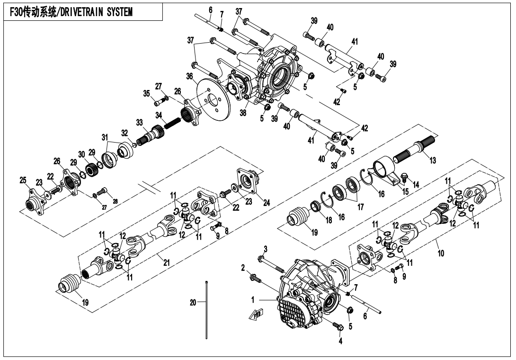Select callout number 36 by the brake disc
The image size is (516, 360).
pos(189,77)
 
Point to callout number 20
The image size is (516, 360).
pos(193,302)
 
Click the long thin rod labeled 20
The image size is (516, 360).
pos(206,309)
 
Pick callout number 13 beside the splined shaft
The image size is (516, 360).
pos(432,160)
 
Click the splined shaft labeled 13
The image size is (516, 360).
pos(415,148)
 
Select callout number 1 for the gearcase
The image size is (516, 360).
pos(253,300)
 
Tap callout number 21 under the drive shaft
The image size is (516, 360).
pos(167,262)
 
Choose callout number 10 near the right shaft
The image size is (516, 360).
pos(441,253)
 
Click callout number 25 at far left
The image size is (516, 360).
pos(23,180)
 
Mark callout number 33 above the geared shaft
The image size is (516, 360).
pos(140,123)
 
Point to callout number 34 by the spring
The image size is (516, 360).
pos(159,115)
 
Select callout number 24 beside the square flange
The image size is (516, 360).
pos(266,203)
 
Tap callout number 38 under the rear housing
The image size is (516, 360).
pos(243,113)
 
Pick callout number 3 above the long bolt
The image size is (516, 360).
pos(266,248)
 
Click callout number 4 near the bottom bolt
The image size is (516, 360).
pos(340,341)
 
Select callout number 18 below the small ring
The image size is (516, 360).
pos(329,220)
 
